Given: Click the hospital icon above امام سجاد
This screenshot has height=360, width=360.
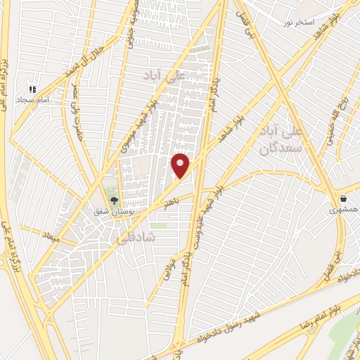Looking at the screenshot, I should (32, 90).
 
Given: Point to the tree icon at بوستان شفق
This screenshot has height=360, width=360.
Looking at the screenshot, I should (114, 200).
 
